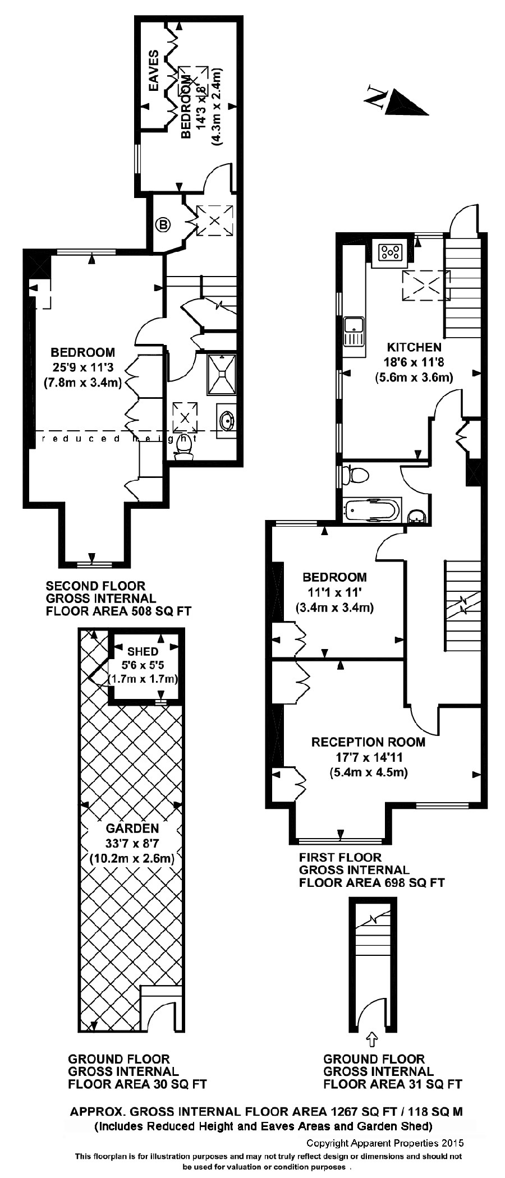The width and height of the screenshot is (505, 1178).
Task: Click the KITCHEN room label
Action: coord(413,347)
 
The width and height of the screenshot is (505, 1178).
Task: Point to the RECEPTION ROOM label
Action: coord(368,742)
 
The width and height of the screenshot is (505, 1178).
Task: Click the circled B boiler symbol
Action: coord(163,226)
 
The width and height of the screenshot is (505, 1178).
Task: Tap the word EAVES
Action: coord(153,70)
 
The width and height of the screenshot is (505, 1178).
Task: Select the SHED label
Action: coord(143,652)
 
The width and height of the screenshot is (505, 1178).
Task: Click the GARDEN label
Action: coord(132,828)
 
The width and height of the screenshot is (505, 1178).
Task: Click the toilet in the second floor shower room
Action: coord(183,447)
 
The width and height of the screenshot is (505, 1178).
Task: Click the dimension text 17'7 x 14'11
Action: coord(369,757)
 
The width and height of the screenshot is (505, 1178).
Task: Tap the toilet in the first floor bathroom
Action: coord(356,475)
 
